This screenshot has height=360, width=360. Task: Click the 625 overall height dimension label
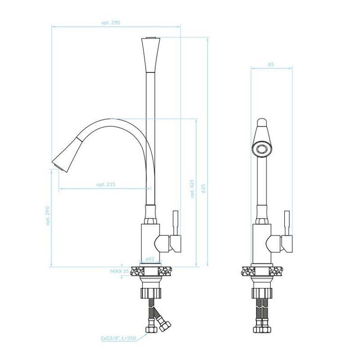point(203,189)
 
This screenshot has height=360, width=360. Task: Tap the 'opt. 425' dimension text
point(192,189)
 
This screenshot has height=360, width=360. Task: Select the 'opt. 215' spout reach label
point(106,184)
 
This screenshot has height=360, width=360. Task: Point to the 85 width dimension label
point(271,64)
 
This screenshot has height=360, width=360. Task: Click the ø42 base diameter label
point(150,259)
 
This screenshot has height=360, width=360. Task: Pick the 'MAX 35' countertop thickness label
point(119,271)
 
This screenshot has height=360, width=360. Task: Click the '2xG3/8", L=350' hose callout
point(118,338)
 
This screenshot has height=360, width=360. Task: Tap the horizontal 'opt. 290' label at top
point(110,22)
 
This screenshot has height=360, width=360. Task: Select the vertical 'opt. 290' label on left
point(48,216)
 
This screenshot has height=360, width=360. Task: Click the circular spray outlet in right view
point(261,149)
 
